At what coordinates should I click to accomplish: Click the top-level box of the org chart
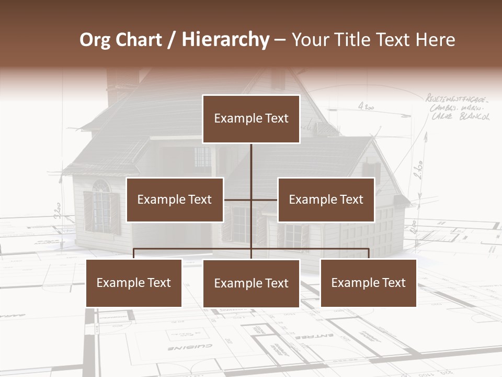point(251,119)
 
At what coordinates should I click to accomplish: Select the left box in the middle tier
point(175,199)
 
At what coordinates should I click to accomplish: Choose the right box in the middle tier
point(326,199)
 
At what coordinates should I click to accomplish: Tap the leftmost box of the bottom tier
point(134,283)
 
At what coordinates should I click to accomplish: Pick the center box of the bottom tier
point(251,283)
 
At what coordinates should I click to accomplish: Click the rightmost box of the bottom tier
point(368,283)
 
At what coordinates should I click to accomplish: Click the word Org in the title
point(95,40)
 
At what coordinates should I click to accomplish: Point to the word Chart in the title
point(139,40)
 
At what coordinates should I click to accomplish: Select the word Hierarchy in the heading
point(225,40)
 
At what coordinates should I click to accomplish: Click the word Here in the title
point(435,40)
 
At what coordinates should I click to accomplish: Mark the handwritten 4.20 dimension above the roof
point(366,106)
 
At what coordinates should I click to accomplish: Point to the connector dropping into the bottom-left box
point(134,253)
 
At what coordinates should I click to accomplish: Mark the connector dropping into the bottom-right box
point(369,253)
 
